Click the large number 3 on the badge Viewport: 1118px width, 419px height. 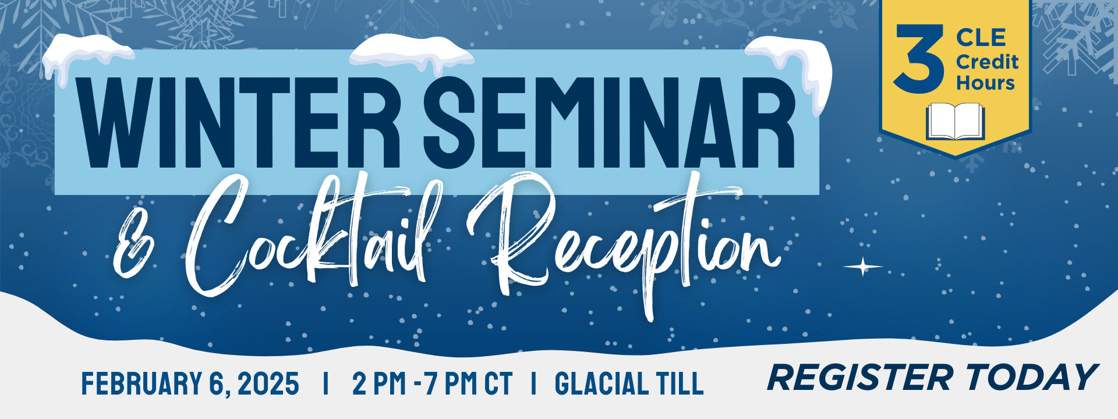tap(919, 59)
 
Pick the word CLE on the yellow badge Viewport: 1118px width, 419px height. tap(981, 38)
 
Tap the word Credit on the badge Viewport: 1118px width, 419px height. tap(987, 62)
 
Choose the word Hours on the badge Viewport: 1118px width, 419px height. tap(985, 83)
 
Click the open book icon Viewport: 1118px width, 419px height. tap(955, 122)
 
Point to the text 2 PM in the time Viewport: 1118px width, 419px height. tap(379, 384)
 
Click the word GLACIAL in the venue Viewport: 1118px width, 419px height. tap(602, 384)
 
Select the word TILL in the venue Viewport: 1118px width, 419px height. tap(680, 384)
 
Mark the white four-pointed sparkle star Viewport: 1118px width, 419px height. tap(863, 267)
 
